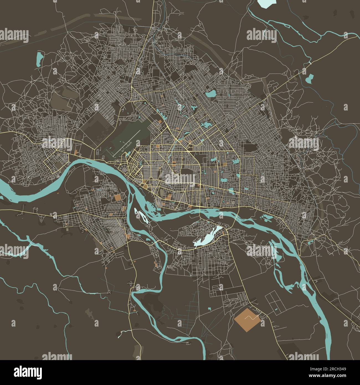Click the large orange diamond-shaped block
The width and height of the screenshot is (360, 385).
247,319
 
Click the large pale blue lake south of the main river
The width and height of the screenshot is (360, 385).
208,235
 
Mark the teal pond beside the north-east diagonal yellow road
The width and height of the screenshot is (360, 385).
309,79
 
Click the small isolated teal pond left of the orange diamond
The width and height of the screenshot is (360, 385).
209,308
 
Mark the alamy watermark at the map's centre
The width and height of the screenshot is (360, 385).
180,177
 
